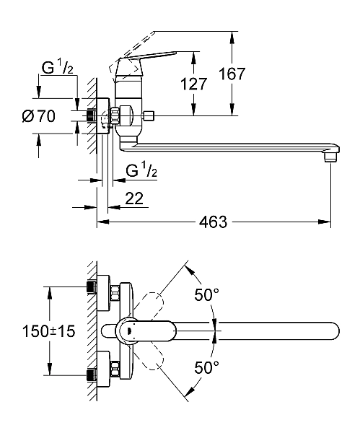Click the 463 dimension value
[x=213, y=222]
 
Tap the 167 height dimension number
[x=232, y=74]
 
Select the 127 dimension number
[x=193, y=84]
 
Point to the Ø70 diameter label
[x=39, y=116]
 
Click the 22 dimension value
[x=134, y=198]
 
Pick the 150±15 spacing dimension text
[x=48, y=331]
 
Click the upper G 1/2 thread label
[x=58, y=68]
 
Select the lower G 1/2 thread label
[x=141, y=170]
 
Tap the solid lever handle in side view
[x=149, y=56]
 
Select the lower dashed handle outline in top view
[x=149, y=356]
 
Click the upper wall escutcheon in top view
[x=104, y=293]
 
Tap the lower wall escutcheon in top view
[x=104, y=368]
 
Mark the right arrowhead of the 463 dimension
[x=325, y=222]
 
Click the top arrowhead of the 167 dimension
[x=232, y=37]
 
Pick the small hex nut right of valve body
[x=148, y=115]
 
